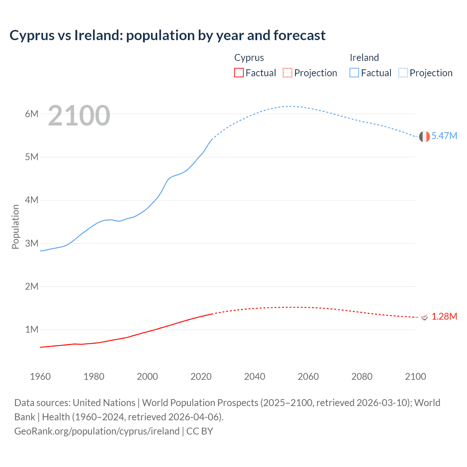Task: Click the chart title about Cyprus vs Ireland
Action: point(167,35)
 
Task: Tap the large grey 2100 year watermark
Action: point(79,116)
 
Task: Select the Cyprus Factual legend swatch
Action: point(239,73)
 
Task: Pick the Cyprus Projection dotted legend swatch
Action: point(287,73)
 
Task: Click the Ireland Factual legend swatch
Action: point(354,73)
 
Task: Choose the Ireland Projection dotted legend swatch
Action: point(403,73)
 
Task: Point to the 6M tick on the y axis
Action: point(32,114)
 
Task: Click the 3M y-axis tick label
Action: point(32,243)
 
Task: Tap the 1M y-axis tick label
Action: point(32,330)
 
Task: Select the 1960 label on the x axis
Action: point(40,377)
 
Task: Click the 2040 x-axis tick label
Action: point(255,377)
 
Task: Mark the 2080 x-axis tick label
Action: point(362,377)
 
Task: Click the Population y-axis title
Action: point(15,227)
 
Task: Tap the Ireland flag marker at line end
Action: point(424,136)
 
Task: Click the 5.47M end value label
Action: point(444,136)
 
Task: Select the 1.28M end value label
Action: point(444,316)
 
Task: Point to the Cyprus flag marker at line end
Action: point(424,317)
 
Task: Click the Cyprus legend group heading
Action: point(249,58)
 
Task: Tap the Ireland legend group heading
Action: point(364,58)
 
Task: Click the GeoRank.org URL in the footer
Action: point(97,431)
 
